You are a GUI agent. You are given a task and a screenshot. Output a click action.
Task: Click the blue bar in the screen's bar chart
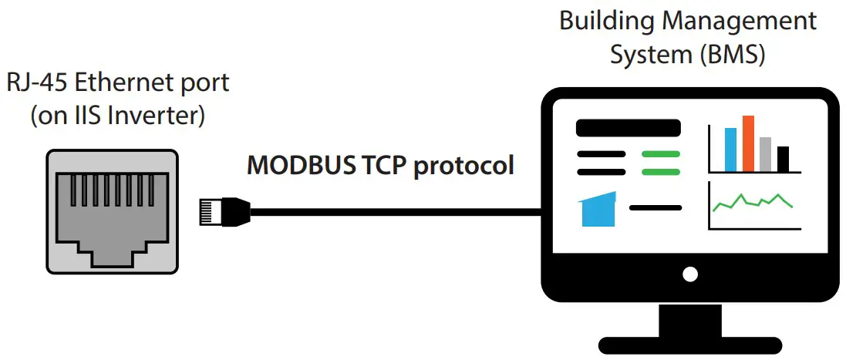point(730,150)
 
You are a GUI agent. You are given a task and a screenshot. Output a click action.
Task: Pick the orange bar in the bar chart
point(747,143)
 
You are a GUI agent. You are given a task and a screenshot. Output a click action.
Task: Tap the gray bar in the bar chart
point(765,154)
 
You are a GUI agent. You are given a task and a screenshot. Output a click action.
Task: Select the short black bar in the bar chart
point(783,159)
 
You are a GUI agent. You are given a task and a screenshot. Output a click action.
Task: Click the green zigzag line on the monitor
point(753,202)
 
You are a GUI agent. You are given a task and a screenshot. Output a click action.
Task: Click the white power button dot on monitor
point(690,274)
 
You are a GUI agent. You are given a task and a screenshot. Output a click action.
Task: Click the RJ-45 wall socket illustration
point(112,210)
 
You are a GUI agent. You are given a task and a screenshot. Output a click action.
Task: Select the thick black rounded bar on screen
point(629,128)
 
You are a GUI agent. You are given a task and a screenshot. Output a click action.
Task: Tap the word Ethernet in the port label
point(143,83)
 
